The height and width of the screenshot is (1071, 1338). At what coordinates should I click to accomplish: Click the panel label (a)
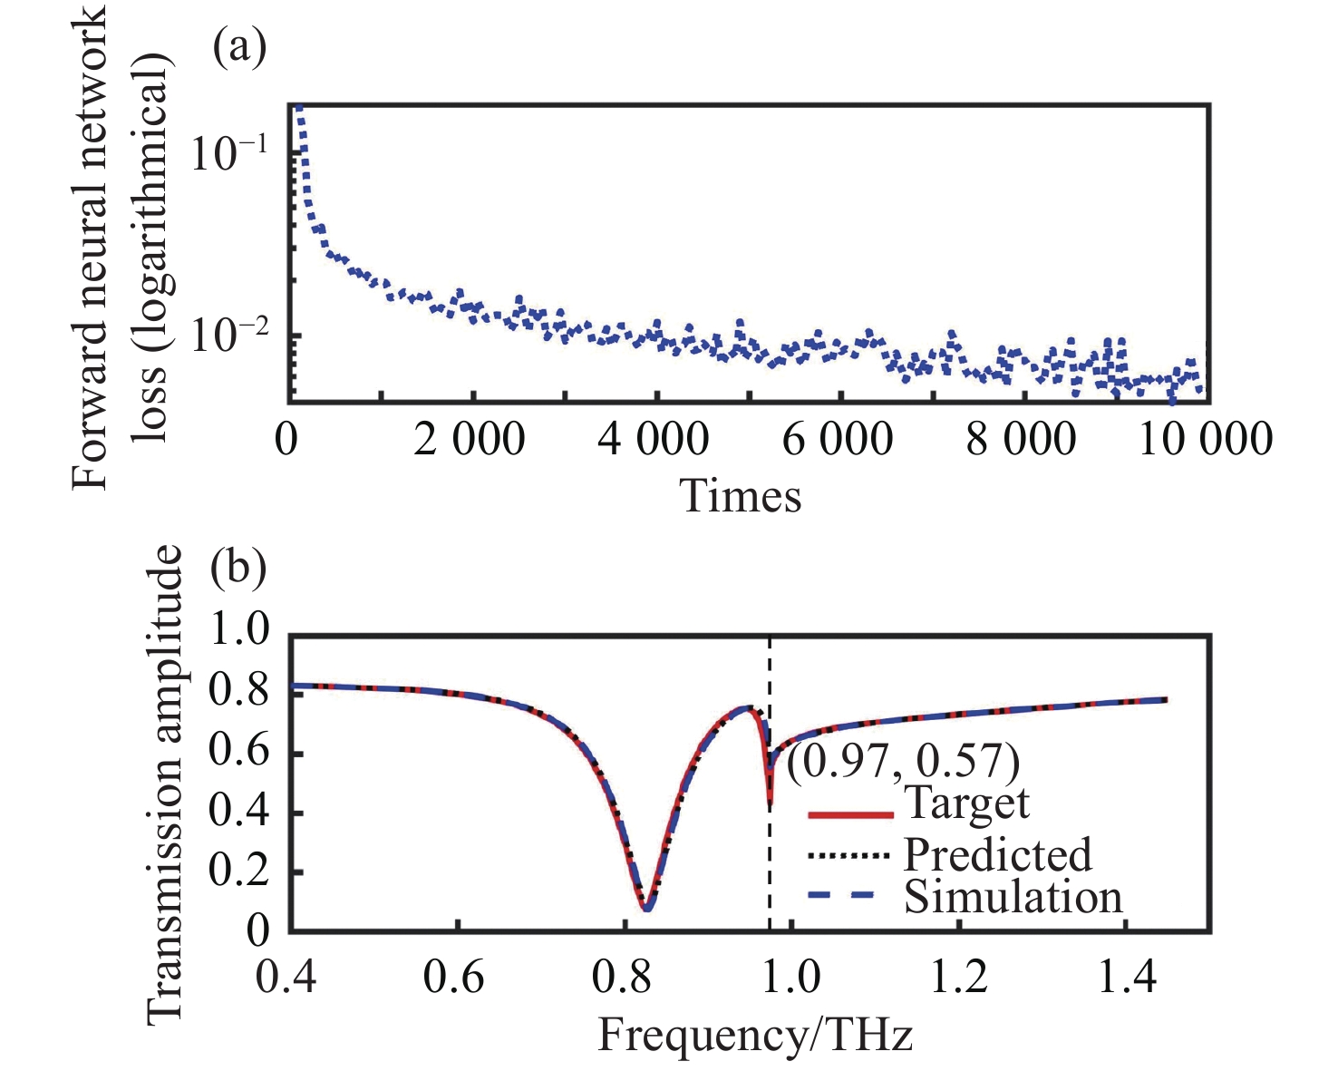coord(238,47)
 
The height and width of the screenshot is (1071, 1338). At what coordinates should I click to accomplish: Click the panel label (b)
coord(238,569)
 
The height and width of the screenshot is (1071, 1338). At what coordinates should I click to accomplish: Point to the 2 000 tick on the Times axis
coord(470,440)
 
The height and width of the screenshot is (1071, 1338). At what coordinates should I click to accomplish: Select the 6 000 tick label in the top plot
coord(837,440)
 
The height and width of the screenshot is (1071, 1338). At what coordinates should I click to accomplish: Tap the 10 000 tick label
coord(1205,440)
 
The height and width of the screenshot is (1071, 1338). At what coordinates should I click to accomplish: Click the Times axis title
coord(741,496)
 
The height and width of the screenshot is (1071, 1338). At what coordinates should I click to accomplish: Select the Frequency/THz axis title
coord(754,1035)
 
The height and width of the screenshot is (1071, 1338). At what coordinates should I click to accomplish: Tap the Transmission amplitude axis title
coord(165,784)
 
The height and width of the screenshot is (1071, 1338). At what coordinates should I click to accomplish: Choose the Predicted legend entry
coord(997,854)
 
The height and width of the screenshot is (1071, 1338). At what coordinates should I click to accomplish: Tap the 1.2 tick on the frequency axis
coord(959,978)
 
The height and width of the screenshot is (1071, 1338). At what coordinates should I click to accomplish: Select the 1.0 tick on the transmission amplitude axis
coord(239,631)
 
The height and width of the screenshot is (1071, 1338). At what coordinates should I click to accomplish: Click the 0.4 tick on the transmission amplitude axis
coord(239,812)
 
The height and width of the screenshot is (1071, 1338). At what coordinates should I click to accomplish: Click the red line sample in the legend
coord(850,815)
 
